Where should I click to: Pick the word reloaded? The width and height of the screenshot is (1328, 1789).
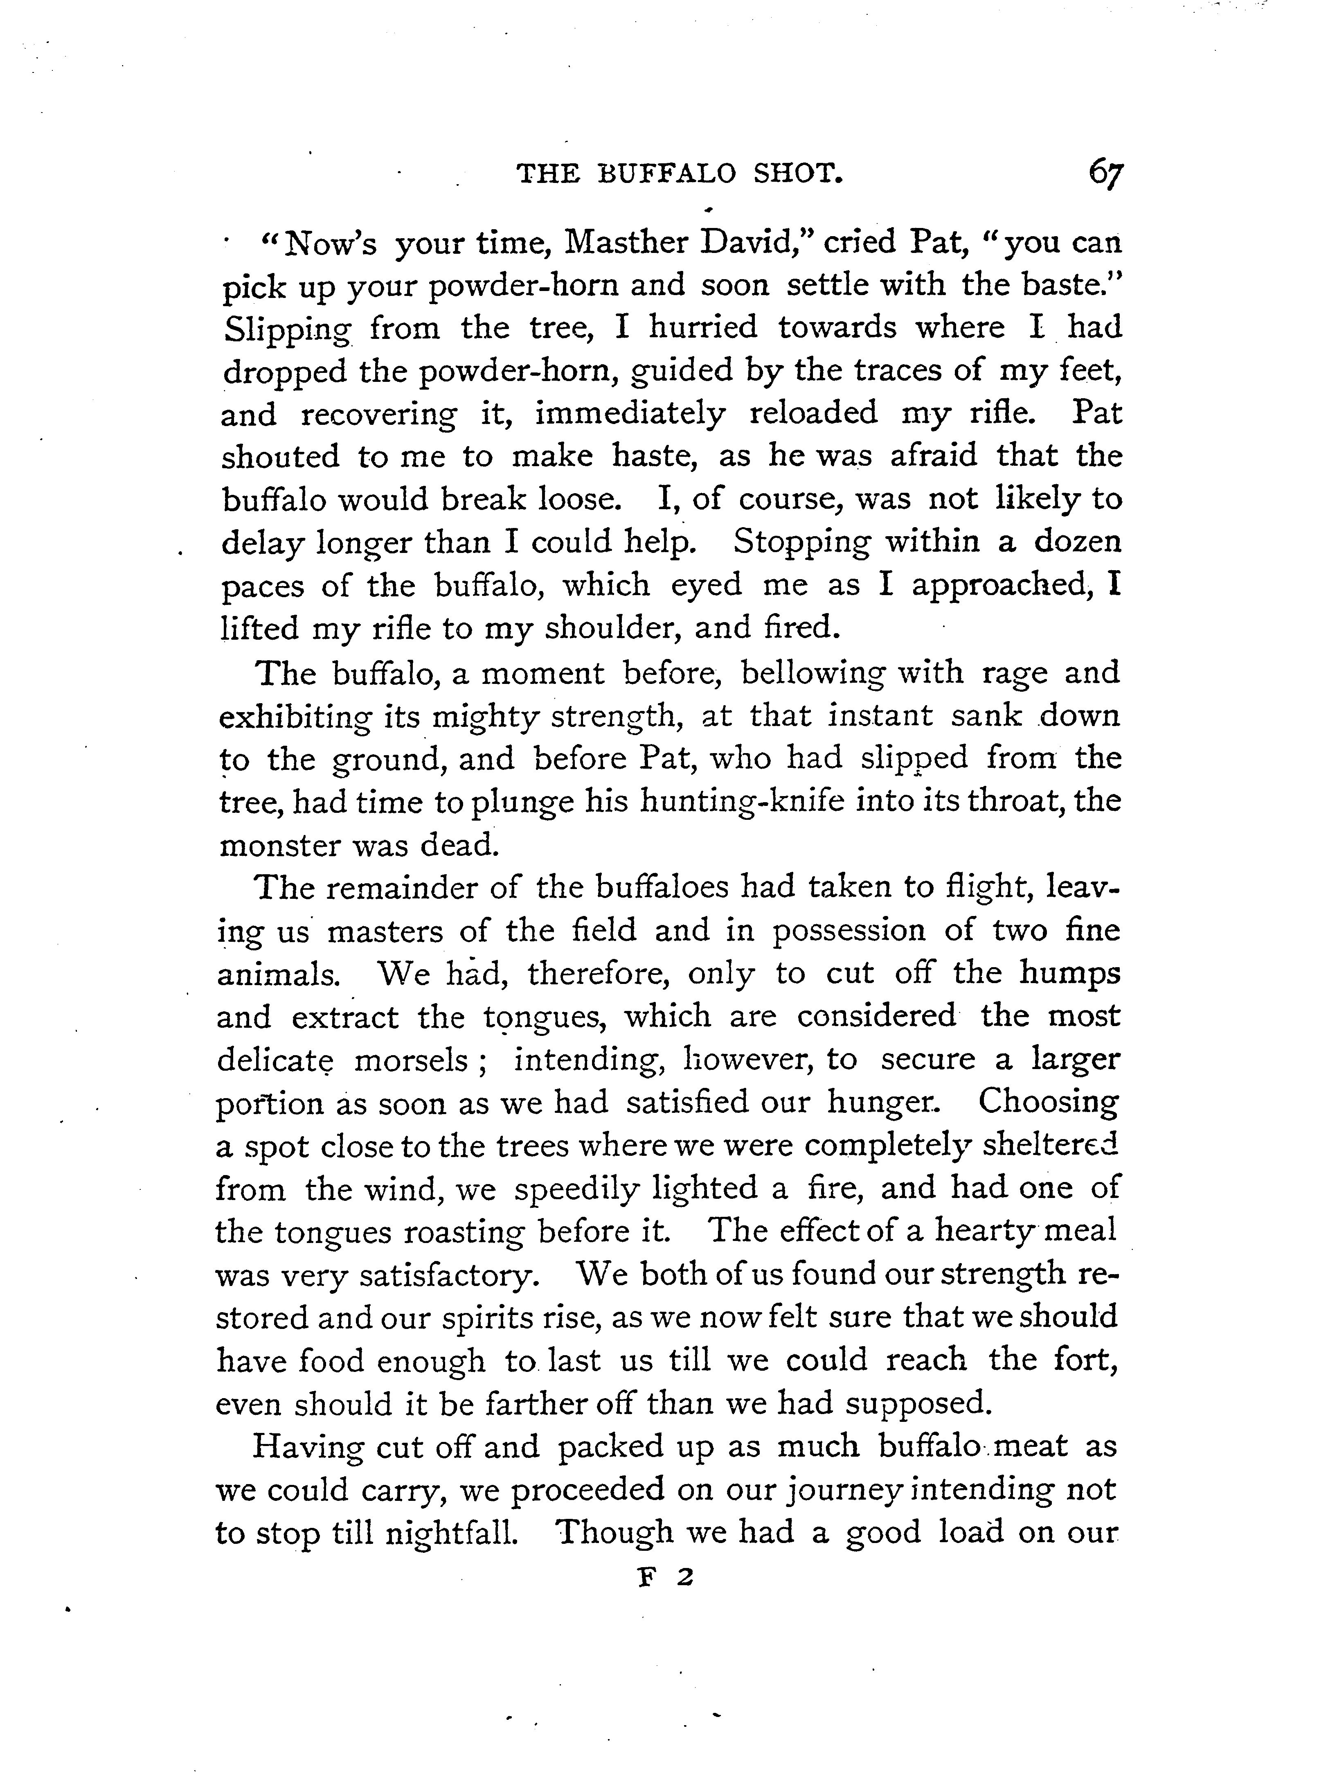[813, 413]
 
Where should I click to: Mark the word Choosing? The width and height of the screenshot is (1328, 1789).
[1047, 1102]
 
